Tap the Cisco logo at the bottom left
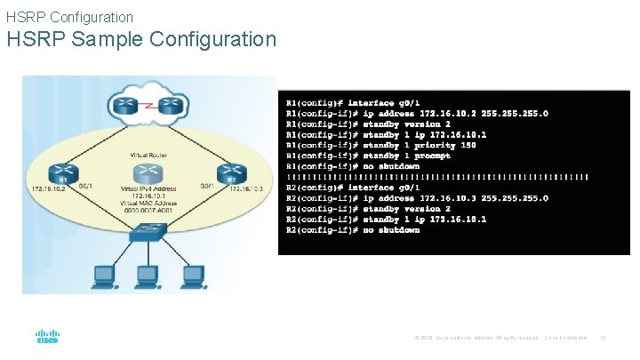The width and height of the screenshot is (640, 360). [x=46, y=338]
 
